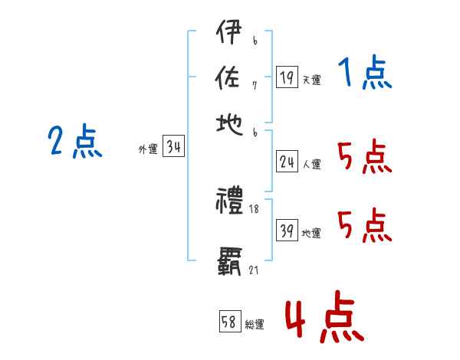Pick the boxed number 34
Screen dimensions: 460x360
173,147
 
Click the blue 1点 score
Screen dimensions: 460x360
364,74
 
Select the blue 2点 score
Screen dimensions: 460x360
74,141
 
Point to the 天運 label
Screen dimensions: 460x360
311,80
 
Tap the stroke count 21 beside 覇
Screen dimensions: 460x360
254,270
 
